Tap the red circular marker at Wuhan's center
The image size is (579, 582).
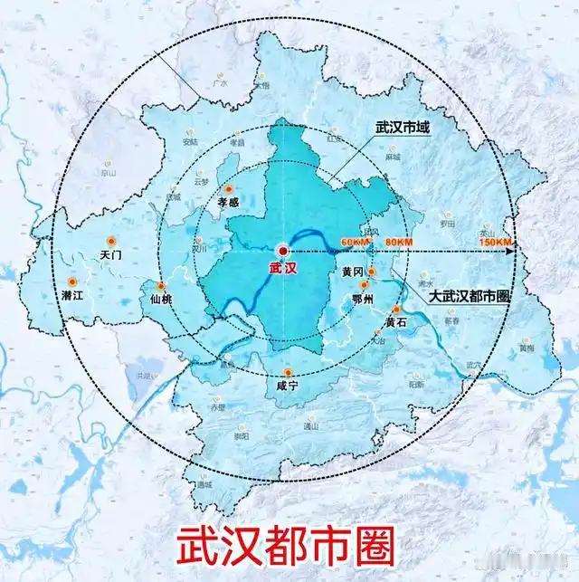tap(283, 249)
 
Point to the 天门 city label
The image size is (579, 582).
tap(111, 256)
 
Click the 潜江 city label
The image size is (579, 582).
tap(72, 295)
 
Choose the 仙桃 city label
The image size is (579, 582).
tap(160, 299)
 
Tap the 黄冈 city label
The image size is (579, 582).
tap(353, 272)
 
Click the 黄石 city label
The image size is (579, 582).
tap(396, 322)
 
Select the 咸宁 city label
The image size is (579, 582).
tap(288, 386)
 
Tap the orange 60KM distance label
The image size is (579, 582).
tap(356, 242)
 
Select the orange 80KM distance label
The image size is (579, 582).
tap(399, 242)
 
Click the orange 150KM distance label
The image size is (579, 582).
tap(496, 242)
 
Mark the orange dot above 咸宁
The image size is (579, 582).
tap(288, 373)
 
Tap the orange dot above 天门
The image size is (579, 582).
tap(111, 241)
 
